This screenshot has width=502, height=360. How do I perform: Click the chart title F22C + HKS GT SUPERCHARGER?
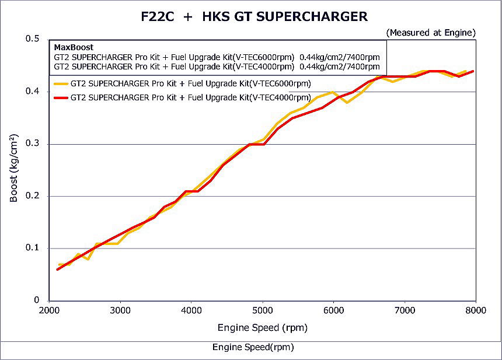[255, 16]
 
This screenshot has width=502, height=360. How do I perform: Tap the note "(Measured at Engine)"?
[431, 33]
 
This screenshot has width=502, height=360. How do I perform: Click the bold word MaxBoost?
[74, 47]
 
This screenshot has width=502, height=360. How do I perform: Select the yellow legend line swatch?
[61, 84]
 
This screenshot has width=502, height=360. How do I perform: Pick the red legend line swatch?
[61, 98]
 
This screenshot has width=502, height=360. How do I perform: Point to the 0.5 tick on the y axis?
[32, 39]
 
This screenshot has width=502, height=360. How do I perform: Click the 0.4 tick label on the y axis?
[32, 92]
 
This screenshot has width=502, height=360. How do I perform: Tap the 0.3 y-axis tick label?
[32, 144]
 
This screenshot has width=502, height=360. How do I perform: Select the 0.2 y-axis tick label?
[32, 196]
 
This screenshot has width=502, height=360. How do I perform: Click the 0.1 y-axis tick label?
[32, 249]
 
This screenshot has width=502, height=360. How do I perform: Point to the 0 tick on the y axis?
[36, 300]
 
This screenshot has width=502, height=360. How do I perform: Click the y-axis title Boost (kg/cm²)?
[14, 169]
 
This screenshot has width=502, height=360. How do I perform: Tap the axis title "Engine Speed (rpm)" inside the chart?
[262, 328]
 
